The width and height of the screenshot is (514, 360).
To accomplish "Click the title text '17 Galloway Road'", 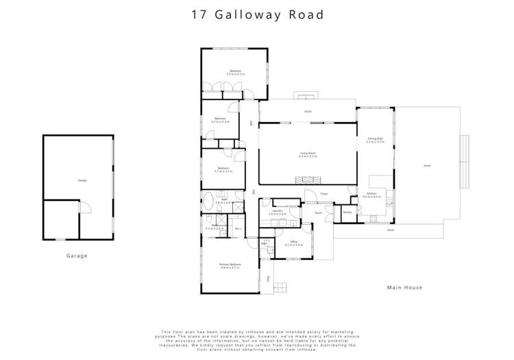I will pos(257,14).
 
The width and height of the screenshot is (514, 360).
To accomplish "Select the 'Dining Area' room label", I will pos(375,140).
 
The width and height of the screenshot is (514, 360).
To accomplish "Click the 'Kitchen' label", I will pos(371,195).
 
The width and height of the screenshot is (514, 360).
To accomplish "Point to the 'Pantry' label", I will pos(347,213).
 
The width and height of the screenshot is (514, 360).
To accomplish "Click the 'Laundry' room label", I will pos(278,212).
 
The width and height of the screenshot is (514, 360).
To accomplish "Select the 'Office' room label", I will pos(293,243).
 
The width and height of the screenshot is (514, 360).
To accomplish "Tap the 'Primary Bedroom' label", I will pos(230,265).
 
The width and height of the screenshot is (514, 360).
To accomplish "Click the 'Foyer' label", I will pos(324,194).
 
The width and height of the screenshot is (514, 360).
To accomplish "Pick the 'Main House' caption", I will pos(404,287).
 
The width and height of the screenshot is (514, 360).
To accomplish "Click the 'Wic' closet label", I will pos(237,228).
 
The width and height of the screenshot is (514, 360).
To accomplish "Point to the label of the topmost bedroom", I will pos(235,71).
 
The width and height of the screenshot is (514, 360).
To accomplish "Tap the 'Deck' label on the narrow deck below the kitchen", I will pos(390,230).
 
